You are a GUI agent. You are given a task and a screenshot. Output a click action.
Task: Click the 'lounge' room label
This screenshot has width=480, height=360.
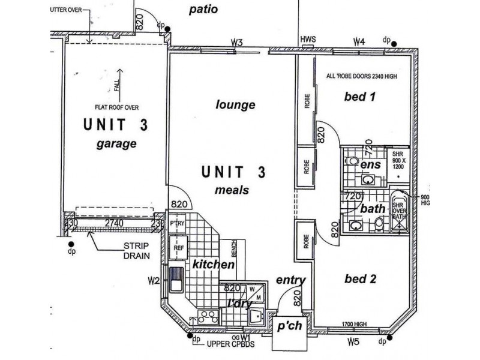235,105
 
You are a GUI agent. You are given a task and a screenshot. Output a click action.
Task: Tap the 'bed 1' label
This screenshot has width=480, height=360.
359,97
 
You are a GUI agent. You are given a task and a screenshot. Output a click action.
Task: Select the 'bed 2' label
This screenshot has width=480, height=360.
360,279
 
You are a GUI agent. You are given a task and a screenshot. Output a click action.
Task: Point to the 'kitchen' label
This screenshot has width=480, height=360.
213,264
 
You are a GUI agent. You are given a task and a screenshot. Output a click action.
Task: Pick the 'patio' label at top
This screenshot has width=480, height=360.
203,10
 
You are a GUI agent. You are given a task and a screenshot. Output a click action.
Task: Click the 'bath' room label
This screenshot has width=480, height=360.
373,209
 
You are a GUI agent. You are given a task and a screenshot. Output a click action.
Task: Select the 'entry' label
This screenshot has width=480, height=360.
291,280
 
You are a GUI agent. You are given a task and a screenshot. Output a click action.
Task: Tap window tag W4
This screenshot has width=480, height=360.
359,41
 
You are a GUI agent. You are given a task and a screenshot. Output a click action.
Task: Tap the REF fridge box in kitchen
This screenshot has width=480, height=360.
179,247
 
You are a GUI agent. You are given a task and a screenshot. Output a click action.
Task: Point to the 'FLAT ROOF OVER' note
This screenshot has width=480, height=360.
116,108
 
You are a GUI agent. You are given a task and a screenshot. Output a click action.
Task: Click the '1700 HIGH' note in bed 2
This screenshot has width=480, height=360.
354,324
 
